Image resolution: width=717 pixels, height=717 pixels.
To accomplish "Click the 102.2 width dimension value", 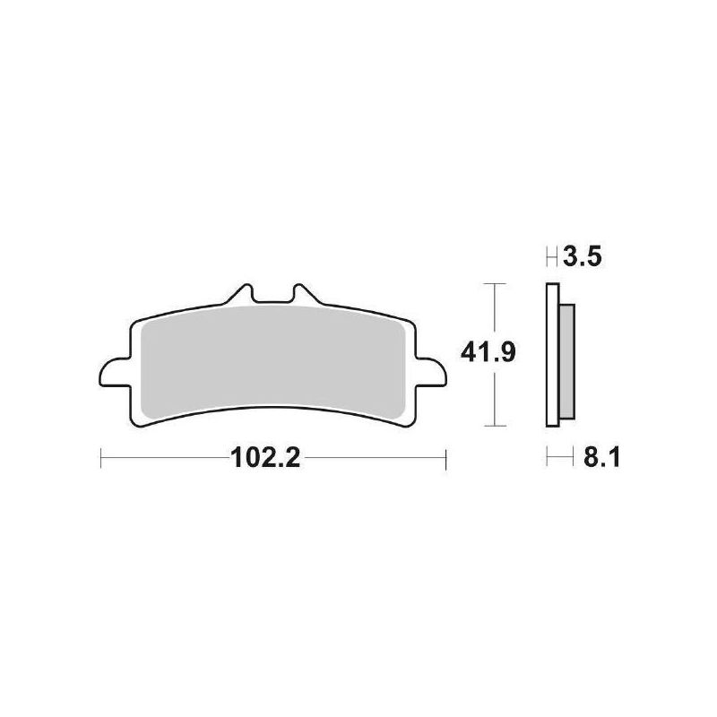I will pos(264,459).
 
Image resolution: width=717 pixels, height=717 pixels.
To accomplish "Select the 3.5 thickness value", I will pos(583,260).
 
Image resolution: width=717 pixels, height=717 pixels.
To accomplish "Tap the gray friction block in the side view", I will pos(566,358).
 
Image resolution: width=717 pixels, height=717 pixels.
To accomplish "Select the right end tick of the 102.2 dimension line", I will pos(445,459).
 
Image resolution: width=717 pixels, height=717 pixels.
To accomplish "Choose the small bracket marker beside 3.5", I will pos(552,260).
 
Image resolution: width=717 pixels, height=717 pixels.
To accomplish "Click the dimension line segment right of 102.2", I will pos(376,459).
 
